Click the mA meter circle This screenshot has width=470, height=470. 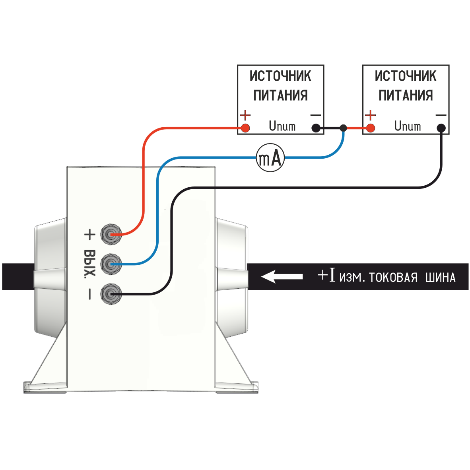pos(270,158)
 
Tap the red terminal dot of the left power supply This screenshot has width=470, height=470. pos(245,128)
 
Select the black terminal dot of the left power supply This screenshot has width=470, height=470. pos(316,128)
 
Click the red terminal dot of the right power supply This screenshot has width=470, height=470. pos(371,128)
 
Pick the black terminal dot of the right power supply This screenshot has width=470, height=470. pos(441,128)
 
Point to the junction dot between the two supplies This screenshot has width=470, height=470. pos(344,128)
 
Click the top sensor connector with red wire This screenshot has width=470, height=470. pos(110,234)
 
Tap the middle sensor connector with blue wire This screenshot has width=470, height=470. pos(110,264)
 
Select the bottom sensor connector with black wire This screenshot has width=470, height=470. pos(110,294)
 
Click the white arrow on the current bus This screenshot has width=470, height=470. pos(282,276)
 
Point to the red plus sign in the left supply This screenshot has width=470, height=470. pos(246,115)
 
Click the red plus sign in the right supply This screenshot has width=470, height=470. pos(371,115)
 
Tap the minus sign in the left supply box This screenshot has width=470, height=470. pos(316,115)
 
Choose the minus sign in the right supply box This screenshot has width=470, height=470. pos(441,115)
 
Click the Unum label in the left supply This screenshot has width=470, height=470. pos(282,126)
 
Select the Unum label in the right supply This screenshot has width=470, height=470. pos(408,126)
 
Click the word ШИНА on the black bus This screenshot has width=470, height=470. pos(440,277)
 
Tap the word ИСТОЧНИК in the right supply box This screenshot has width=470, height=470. pos(406,76)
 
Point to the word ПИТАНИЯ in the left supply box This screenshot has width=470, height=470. pos(281,95)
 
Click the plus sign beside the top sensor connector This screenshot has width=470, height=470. pos(90,235)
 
